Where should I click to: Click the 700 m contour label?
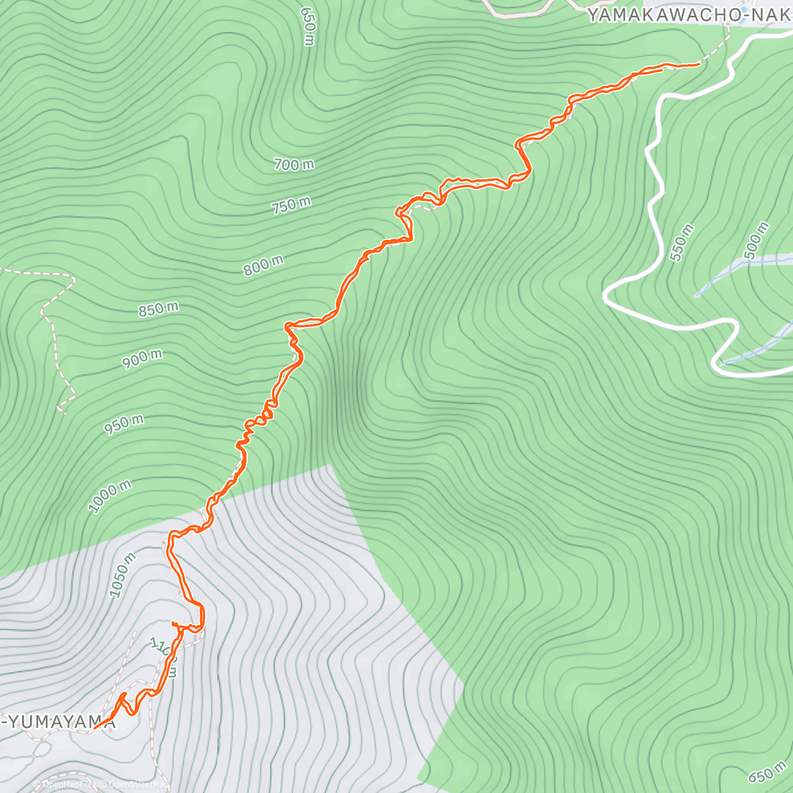pyautogui.click(x=294, y=164)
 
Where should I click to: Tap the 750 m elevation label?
pyautogui.click(x=291, y=206)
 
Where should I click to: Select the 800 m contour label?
pyautogui.click(x=263, y=266)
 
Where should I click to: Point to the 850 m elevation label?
pyautogui.click(x=158, y=309)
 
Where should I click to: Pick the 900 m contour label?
pyautogui.click(x=142, y=359)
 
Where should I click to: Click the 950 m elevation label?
pyautogui.click(x=124, y=424)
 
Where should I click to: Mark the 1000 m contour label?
pyautogui.click(x=110, y=496)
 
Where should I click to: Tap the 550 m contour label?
pyautogui.click(x=682, y=243)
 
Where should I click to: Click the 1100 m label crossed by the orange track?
pyautogui.click(x=163, y=658)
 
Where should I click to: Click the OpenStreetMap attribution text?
pyautogui.click(x=137, y=784)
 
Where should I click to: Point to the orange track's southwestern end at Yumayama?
pyautogui.click(x=94, y=728)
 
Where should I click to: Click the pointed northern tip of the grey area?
pyautogui.click(x=328, y=465)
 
